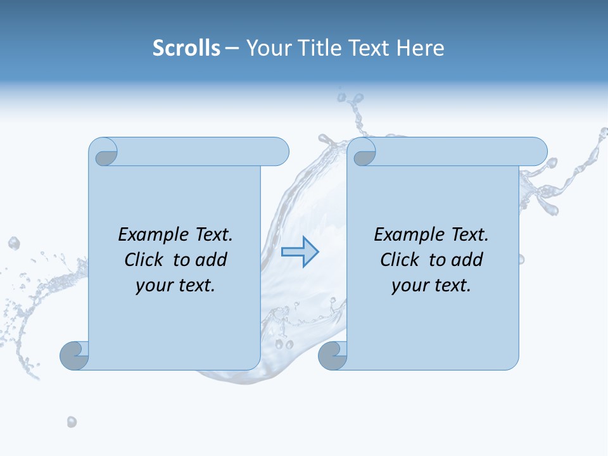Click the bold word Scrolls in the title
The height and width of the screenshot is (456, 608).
click(x=186, y=48)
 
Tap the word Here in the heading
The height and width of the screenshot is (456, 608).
click(x=421, y=48)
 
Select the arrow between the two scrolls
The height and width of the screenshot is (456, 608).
click(x=300, y=252)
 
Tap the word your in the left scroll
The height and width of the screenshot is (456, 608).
click(x=154, y=286)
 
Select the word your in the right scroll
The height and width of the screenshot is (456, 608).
click(x=410, y=286)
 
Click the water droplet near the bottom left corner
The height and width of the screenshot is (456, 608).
click(x=72, y=421)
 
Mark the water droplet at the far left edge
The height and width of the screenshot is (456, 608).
click(x=13, y=243)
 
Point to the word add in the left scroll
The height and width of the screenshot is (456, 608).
click(x=212, y=260)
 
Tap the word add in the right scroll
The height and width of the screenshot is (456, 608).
click(x=468, y=260)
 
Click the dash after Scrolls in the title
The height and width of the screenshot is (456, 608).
click(x=232, y=48)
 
